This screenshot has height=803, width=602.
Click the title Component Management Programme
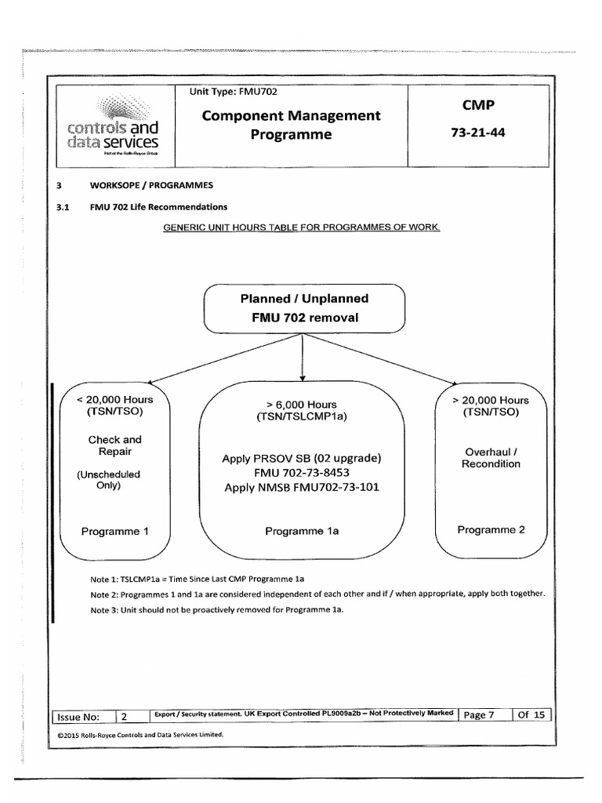(x=291, y=125)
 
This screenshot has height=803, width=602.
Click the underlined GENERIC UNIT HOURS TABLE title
(x=302, y=228)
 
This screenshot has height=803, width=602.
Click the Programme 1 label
(x=115, y=531)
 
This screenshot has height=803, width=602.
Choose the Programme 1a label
(x=302, y=531)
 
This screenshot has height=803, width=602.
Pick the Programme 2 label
(x=491, y=529)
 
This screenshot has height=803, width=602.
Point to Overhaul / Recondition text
(x=491, y=457)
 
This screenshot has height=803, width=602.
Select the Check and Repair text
(x=115, y=445)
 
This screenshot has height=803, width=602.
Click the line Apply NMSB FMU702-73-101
(x=302, y=488)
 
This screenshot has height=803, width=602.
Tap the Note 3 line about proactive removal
(x=217, y=609)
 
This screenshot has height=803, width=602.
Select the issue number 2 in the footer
(x=125, y=716)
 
